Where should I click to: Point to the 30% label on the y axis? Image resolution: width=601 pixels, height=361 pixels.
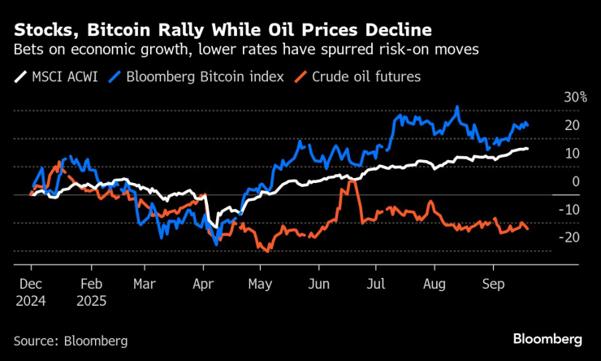click(x=576, y=97)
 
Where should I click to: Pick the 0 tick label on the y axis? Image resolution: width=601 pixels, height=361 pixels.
click(x=576, y=181)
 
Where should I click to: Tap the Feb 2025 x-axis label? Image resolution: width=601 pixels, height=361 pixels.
click(x=91, y=294)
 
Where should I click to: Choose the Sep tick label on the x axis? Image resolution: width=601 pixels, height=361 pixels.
click(x=491, y=286)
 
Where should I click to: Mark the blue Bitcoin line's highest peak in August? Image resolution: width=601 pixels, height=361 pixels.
click(x=457, y=107)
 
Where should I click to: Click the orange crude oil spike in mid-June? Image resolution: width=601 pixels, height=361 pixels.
click(x=350, y=180)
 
